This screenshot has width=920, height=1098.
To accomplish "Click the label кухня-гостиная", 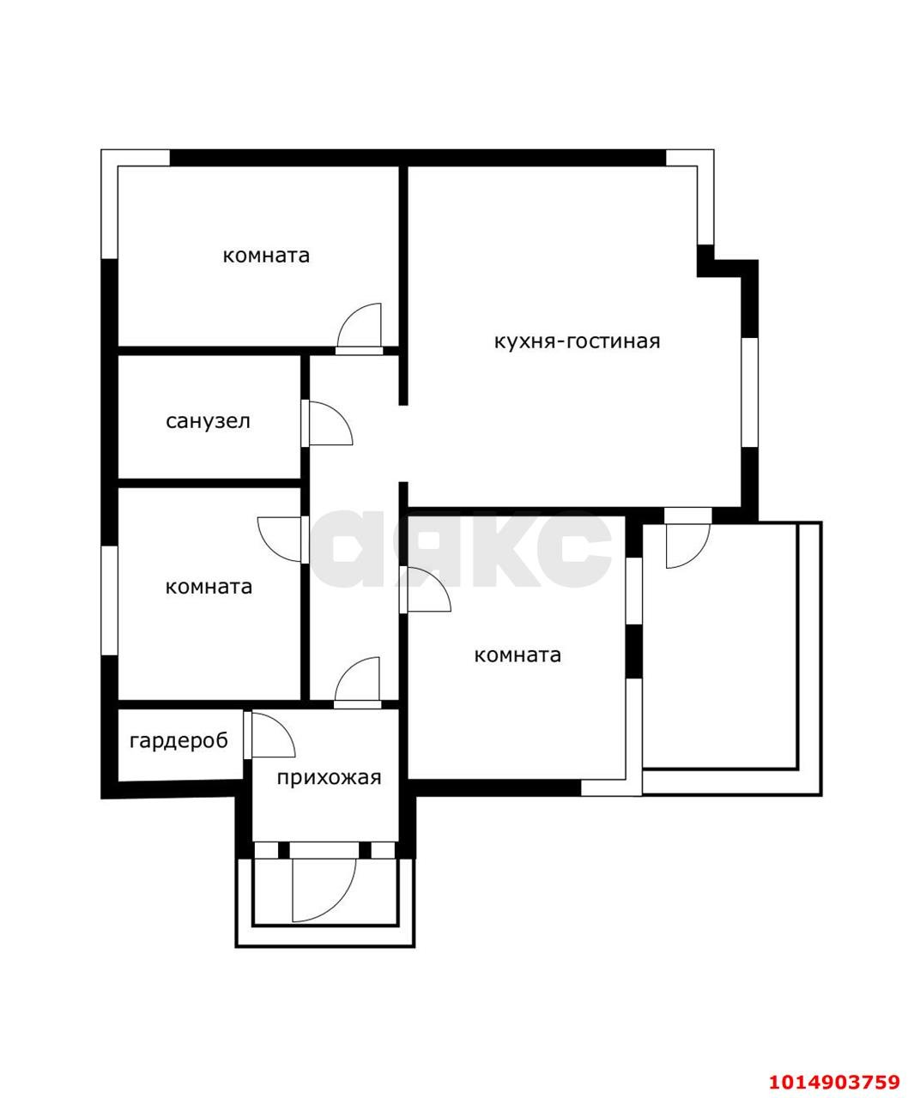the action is click(577, 341).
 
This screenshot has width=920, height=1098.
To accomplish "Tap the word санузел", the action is click(208, 421).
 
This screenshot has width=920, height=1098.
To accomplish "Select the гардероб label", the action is click(179, 741).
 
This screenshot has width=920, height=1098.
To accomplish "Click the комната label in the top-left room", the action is click(266, 256).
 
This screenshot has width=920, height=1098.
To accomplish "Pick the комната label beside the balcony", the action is click(517, 655).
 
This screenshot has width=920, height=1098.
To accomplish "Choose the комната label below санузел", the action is click(209, 587).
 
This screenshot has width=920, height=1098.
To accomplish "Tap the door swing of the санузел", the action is click(330, 423).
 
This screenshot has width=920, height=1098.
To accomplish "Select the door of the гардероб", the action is click(272, 734).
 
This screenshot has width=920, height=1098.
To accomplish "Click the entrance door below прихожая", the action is click(324, 890).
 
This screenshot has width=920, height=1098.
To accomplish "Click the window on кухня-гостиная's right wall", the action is click(749, 392).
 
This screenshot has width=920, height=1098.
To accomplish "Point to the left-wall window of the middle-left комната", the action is click(109, 600).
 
